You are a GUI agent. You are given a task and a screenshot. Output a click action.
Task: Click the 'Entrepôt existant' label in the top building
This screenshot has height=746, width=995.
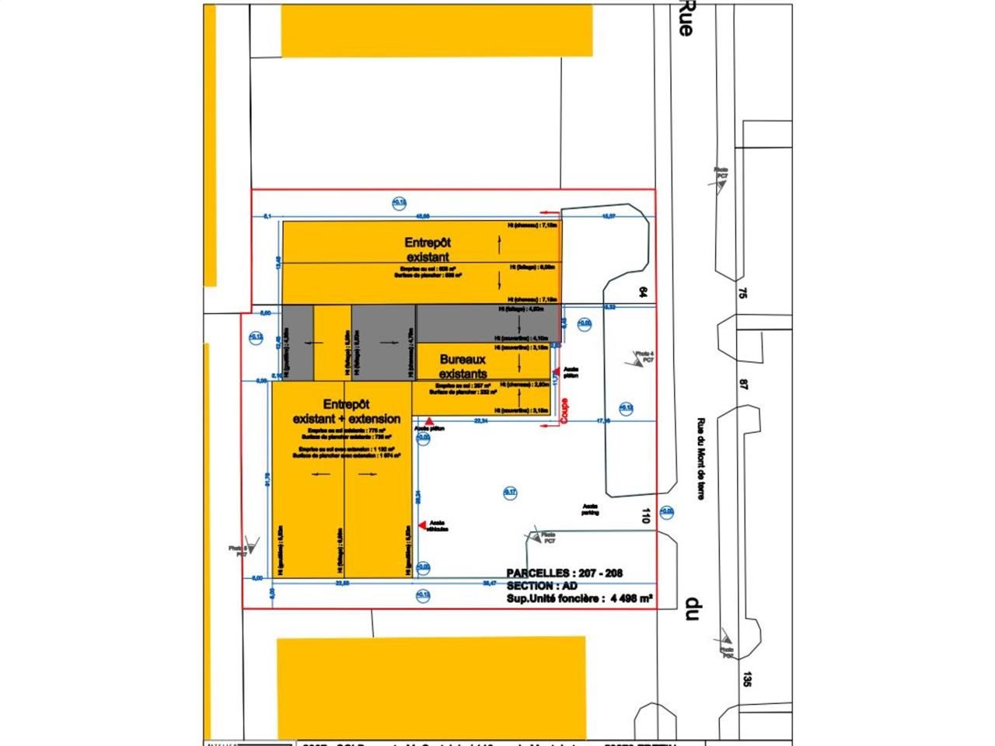428,249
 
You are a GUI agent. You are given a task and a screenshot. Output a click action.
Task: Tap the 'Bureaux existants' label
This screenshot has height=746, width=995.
463,367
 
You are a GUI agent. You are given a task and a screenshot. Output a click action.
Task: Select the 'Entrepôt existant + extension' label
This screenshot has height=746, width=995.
347,412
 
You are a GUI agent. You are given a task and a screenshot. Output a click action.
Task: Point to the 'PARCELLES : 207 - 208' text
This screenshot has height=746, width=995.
564,573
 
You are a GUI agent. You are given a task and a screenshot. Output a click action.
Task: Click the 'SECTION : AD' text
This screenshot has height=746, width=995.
542,586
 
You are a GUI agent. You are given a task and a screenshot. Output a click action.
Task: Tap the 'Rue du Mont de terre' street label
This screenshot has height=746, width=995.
700,459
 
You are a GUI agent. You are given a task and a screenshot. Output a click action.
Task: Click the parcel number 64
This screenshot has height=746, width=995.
643,292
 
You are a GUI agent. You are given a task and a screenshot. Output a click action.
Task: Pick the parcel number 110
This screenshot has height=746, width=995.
644,514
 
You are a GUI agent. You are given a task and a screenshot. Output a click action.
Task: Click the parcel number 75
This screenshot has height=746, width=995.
742,293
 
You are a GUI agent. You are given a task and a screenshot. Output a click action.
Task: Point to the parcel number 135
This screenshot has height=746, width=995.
747,678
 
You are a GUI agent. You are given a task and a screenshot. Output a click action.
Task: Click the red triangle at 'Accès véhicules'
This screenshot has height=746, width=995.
422,525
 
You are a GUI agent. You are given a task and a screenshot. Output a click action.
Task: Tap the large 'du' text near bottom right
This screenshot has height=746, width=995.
690,608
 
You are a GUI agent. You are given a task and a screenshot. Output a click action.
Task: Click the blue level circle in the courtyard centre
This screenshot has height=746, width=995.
510,491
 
